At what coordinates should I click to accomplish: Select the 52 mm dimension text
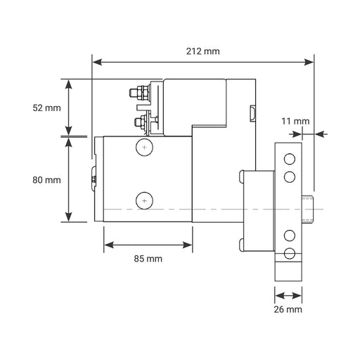47,108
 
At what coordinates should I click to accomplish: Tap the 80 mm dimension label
47,179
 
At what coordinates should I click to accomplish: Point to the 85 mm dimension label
147,258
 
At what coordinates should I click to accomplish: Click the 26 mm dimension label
288,309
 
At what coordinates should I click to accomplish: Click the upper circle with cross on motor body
144,148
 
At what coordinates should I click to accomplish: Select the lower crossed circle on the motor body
144,200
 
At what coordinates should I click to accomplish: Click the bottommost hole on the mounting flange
289,253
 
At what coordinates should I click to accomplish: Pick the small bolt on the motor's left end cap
94,180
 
